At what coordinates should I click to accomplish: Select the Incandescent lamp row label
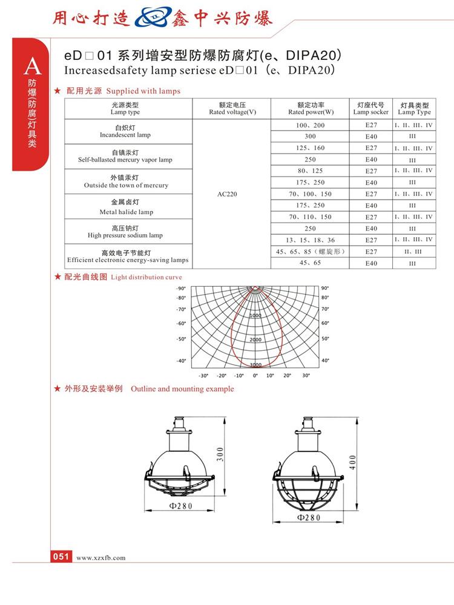coord(125,131)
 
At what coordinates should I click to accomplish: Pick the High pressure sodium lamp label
coord(125,231)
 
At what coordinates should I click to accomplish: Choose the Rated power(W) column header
coord(311,108)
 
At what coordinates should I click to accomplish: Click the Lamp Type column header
coord(414,108)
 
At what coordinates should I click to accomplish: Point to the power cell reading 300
coord(311,136)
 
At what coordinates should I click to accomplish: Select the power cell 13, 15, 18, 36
coord(311,240)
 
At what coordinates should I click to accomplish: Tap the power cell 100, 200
coord(311,125)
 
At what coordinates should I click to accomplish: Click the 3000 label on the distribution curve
coord(255,365)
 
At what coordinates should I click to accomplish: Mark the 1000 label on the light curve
coord(255,316)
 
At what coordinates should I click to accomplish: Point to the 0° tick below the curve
coord(255,376)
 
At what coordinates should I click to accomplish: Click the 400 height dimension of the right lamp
coord(352,463)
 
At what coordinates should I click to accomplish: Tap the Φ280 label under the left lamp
coord(180,506)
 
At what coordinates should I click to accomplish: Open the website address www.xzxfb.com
coord(101,558)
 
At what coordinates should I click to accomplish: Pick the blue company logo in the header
coord(153,18)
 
